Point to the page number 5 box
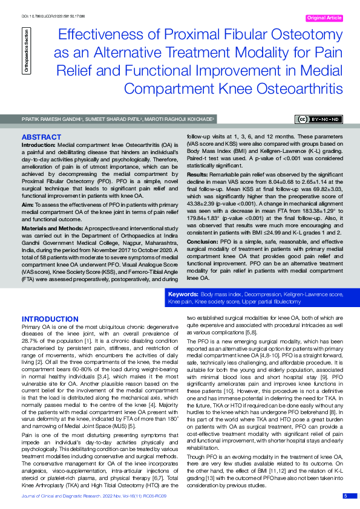(345, 496)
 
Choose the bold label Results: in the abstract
(198, 173)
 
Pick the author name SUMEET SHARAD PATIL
(116, 120)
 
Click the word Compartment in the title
(169, 89)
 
